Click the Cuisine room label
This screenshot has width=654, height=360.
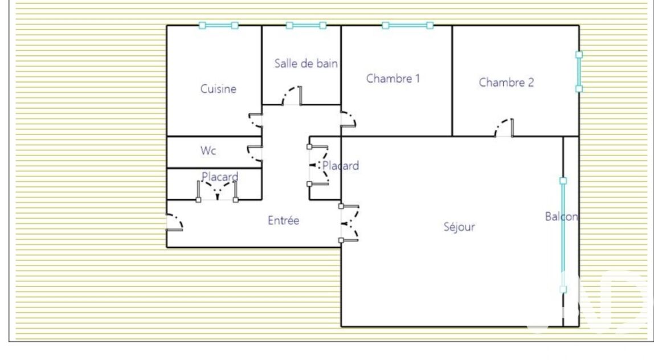pyautogui.click(x=218, y=89)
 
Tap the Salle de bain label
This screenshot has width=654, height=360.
pyautogui.click(x=306, y=63)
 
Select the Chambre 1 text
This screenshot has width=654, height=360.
pyautogui.click(x=393, y=79)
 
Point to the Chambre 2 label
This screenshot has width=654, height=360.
pyautogui.click(x=506, y=83)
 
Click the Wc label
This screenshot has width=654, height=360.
pyautogui.click(x=208, y=150)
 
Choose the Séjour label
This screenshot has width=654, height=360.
pyautogui.click(x=459, y=227)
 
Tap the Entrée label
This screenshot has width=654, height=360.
pyautogui.click(x=283, y=220)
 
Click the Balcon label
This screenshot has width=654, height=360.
pyautogui.click(x=561, y=216)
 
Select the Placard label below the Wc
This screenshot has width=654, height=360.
pyautogui.click(x=220, y=177)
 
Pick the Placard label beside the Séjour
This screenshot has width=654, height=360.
pyautogui.click(x=340, y=166)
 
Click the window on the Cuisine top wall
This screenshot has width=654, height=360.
pyautogui.click(x=219, y=26)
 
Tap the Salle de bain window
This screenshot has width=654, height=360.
pyautogui.click(x=306, y=26)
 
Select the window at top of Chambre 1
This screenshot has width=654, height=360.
pyautogui.click(x=407, y=26)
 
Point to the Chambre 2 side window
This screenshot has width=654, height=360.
pyautogui.click(x=579, y=72)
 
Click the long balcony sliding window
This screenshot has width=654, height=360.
pyautogui.click(x=563, y=235)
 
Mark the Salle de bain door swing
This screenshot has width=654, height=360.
pyautogui.click(x=292, y=96)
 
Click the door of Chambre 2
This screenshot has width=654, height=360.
pyautogui.click(x=504, y=128)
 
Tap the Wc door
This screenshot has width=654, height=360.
pyautogui.click(x=255, y=153)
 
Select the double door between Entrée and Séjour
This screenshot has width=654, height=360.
pyautogui.click(x=350, y=223)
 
